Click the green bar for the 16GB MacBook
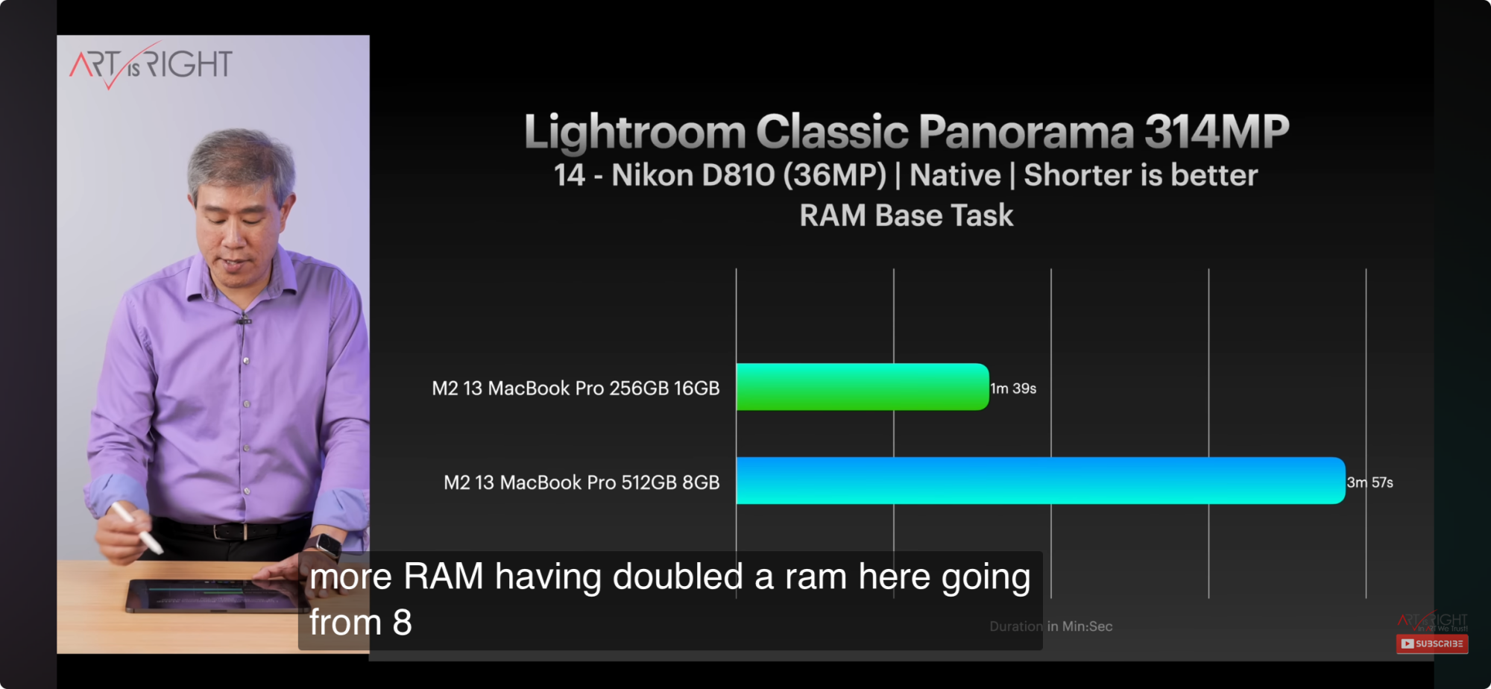click(863, 387)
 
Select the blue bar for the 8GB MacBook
click(1041, 481)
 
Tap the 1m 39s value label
click(1013, 388)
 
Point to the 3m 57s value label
click(1369, 482)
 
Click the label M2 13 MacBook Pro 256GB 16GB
click(576, 388)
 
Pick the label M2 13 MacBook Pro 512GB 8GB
click(581, 482)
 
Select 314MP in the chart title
click(1217, 131)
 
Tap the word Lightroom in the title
click(635, 133)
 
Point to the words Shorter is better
click(1141, 175)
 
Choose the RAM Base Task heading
click(907, 215)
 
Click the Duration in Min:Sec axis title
click(1051, 626)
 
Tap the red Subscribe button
click(1432, 644)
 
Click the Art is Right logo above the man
click(151, 66)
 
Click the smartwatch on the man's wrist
click(325, 545)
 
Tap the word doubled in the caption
click(678, 576)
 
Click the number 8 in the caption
click(403, 623)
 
